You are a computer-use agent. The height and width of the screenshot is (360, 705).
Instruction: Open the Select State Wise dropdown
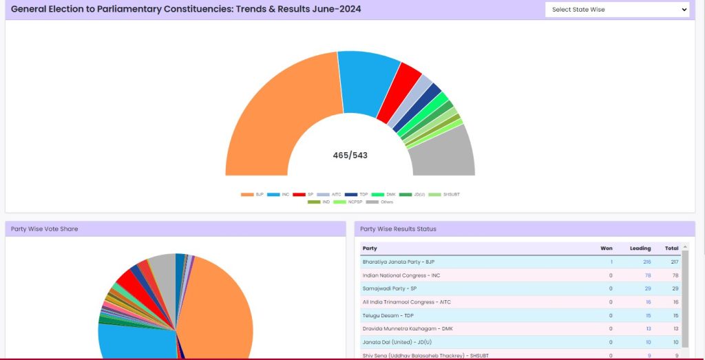(x=617, y=10)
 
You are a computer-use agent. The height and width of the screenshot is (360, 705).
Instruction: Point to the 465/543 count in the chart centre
(x=350, y=156)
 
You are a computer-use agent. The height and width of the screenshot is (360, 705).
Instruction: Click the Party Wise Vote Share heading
(x=44, y=229)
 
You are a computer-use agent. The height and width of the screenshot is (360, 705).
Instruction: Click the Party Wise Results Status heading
(x=398, y=229)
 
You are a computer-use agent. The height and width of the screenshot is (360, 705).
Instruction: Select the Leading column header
(x=640, y=248)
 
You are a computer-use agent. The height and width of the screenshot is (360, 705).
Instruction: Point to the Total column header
(x=671, y=248)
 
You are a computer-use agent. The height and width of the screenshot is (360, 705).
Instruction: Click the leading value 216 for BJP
(x=646, y=262)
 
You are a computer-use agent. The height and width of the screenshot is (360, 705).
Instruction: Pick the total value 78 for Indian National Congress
(x=674, y=275)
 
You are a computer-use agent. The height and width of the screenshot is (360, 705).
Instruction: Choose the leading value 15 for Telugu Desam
(x=648, y=315)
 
